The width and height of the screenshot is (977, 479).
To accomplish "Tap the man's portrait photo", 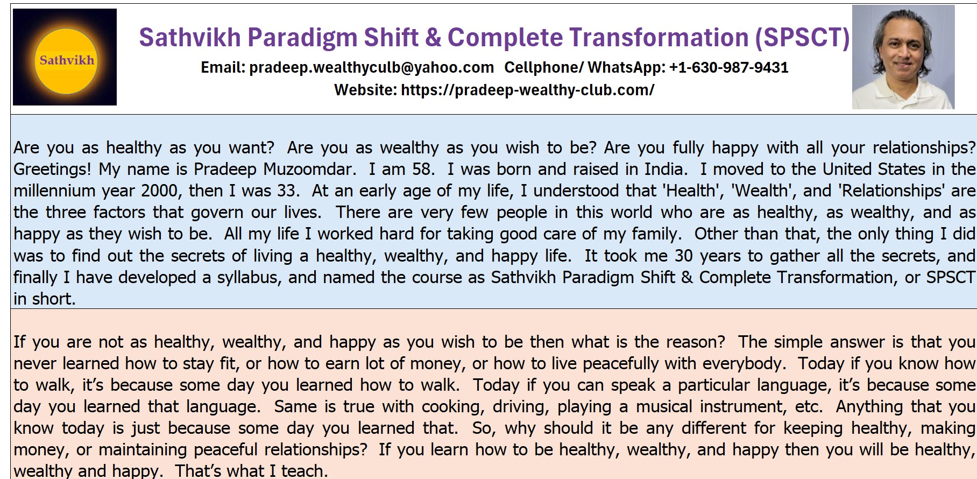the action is pos(903,57).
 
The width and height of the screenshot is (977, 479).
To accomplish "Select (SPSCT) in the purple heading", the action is pos(802,38).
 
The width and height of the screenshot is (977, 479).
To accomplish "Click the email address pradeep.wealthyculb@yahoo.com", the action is pos(371,68).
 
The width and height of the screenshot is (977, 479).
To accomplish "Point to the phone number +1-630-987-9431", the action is pos(728,67).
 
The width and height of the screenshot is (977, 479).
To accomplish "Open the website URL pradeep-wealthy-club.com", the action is pos(527,90).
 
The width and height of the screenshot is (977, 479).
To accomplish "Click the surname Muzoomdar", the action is pos(309,169).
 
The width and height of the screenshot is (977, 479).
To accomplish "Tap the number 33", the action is pos(287,191).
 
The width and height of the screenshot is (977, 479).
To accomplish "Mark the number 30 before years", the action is pos(684,256).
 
